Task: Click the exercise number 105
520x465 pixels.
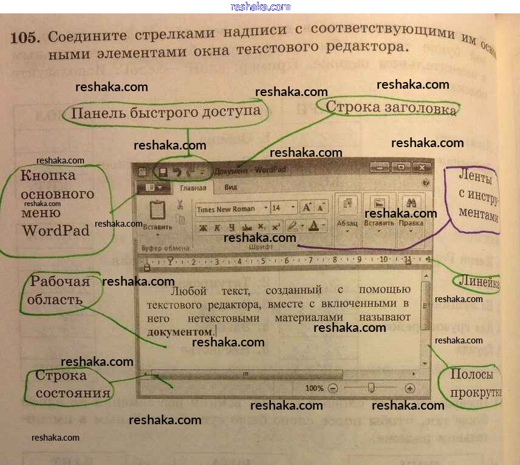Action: pyautogui.click(x=24, y=38)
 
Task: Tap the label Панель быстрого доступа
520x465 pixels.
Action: pyautogui.click(x=166, y=112)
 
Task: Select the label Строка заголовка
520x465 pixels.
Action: pyautogui.click(x=391, y=108)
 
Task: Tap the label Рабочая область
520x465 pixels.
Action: pyautogui.click(x=60, y=291)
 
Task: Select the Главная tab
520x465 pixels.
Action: pyautogui.click(x=193, y=188)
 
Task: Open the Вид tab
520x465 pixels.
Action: pyautogui.click(x=231, y=188)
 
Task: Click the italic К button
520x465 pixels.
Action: pyautogui.click(x=216, y=227)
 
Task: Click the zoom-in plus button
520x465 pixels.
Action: pyautogui.click(x=410, y=388)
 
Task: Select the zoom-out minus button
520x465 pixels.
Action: pyautogui.click(x=333, y=388)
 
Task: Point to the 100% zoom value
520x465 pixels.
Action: pyautogui.click(x=314, y=388)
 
